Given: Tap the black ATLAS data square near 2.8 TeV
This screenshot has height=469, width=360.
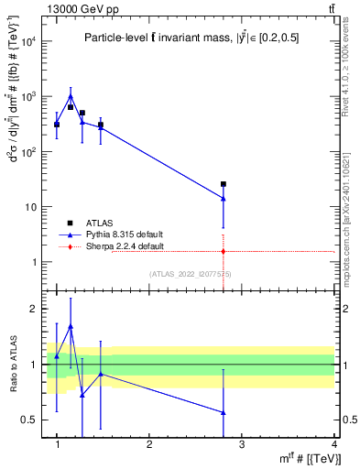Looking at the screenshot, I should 223,184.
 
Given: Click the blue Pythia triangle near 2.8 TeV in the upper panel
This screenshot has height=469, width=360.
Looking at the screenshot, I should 223,198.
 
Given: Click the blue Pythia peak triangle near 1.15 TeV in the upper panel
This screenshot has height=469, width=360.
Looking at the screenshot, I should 71,95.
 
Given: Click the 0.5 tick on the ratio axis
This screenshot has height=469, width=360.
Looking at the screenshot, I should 28,420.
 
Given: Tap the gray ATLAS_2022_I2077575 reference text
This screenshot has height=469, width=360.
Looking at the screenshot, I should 190,274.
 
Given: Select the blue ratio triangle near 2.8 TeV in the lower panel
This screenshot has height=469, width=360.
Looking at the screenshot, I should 223,412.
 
